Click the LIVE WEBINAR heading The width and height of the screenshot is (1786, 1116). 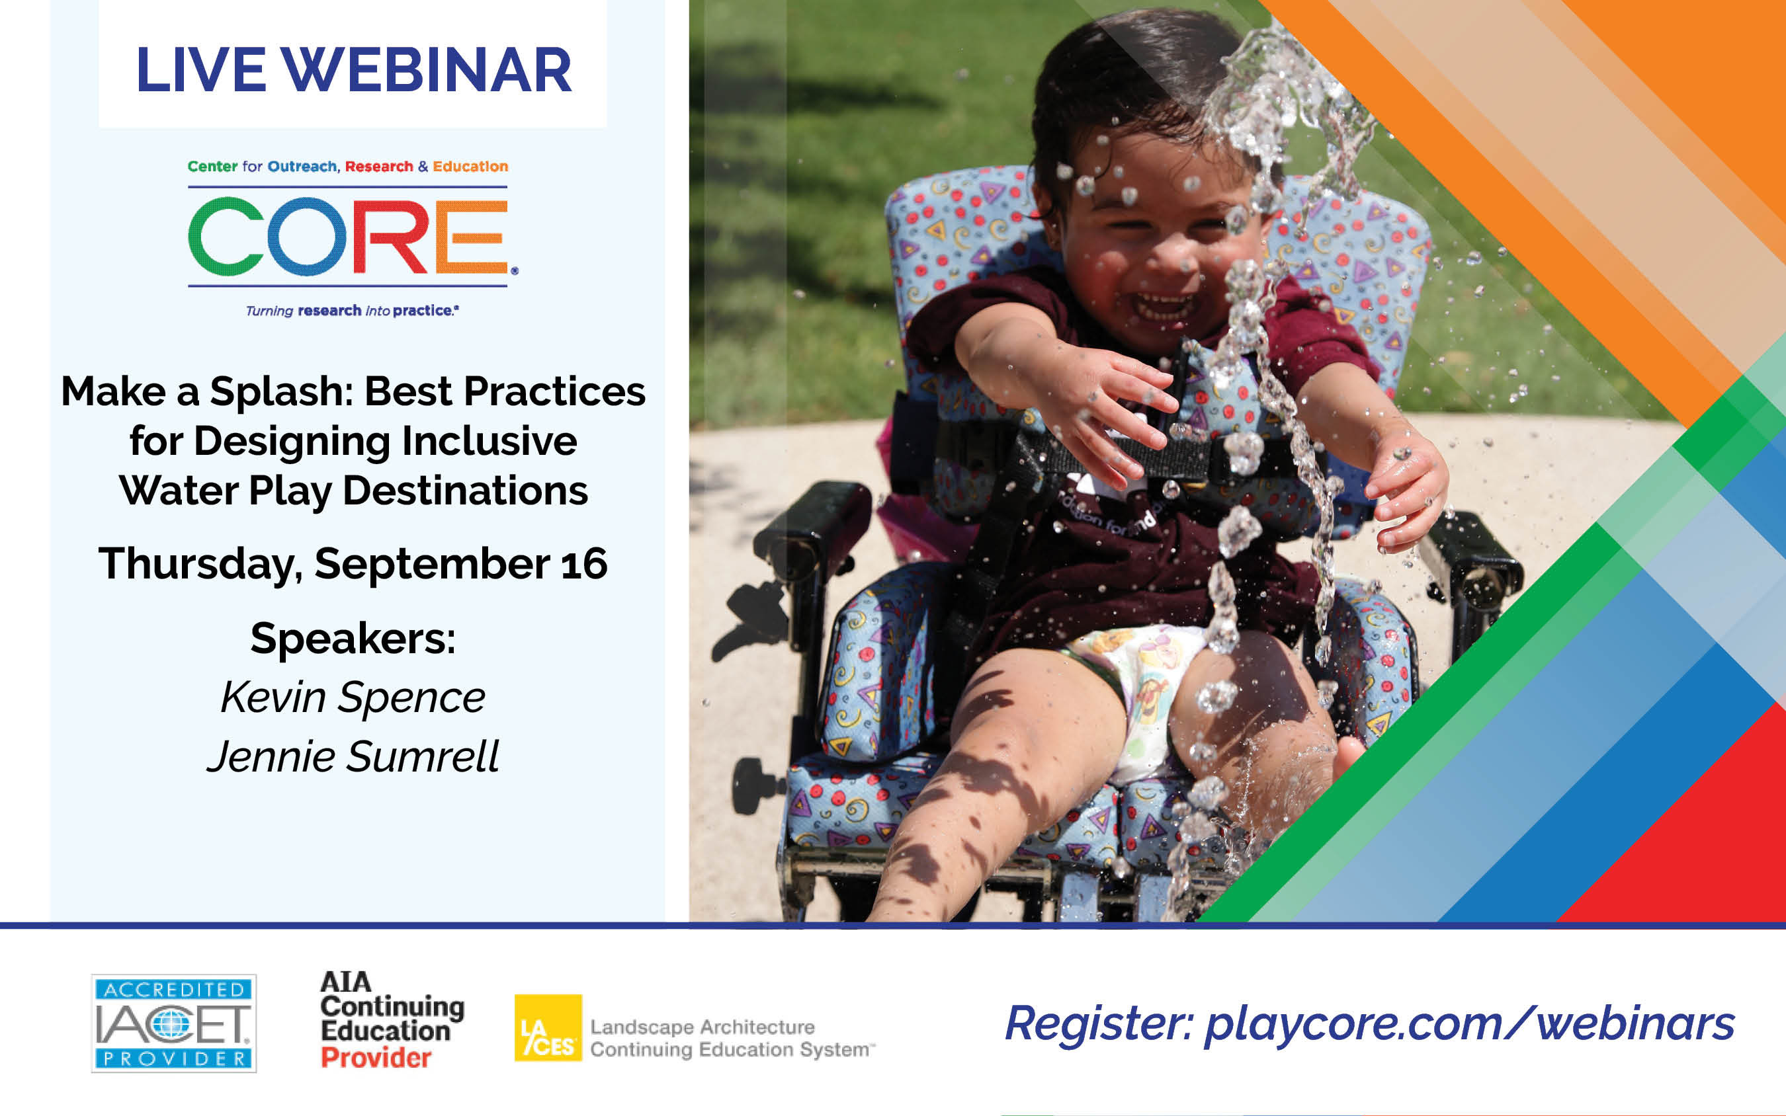click(x=354, y=70)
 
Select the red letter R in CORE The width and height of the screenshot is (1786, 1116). click(x=390, y=236)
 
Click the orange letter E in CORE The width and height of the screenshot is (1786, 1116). click(x=471, y=236)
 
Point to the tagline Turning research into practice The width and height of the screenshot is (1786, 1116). click(x=352, y=311)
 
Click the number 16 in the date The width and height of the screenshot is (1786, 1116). click(x=584, y=564)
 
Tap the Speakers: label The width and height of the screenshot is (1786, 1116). click(x=353, y=639)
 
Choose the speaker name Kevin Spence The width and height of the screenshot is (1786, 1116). click(x=353, y=697)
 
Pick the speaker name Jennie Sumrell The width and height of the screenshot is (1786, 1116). click(x=353, y=756)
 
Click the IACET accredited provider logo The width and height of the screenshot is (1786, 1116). click(x=173, y=1023)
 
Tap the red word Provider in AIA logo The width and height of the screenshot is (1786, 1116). click(x=376, y=1058)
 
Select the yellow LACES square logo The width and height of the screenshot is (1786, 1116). click(x=548, y=1027)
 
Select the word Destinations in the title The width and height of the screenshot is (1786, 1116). click(x=465, y=490)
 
